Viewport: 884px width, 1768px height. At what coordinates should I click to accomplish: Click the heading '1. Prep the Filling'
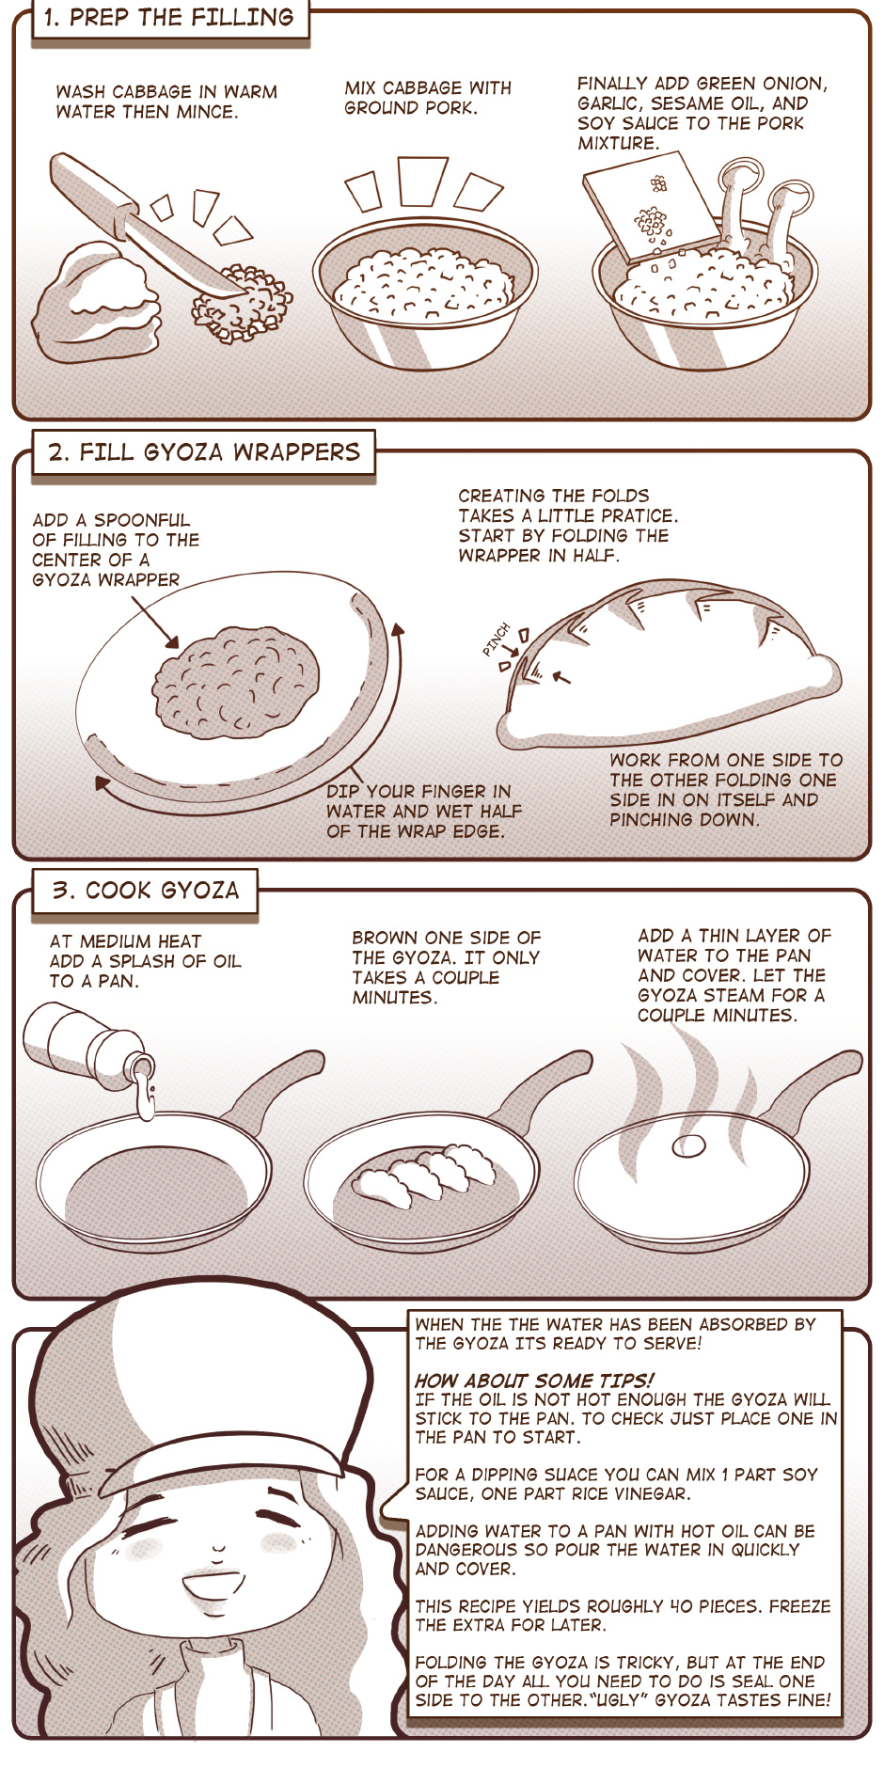point(169,17)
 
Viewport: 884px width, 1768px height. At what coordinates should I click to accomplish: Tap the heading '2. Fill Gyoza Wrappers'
point(204,452)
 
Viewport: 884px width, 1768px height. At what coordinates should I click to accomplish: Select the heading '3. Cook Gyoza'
point(146,891)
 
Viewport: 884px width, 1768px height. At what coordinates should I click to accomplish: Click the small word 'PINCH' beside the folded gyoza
point(496,639)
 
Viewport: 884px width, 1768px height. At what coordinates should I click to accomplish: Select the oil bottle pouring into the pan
point(89,1049)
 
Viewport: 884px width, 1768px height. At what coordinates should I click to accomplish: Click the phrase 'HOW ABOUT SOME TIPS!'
point(533,1381)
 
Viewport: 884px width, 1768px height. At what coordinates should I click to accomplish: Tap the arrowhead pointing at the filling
point(172,642)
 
